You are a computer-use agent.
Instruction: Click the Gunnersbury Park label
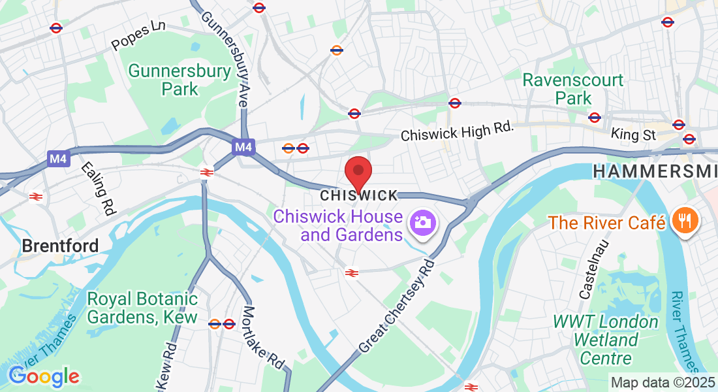click(x=179, y=80)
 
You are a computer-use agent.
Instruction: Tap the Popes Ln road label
click(x=138, y=37)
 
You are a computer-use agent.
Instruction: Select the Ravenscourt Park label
click(x=573, y=90)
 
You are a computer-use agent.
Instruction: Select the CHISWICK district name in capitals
click(x=359, y=195)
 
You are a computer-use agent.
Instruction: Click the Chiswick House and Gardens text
click(x=337, y=225)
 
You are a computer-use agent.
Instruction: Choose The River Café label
click(x=606, y=222)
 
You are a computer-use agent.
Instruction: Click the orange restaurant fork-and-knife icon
click(x=685, y=222)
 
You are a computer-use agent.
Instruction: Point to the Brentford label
click(x=60, y=246)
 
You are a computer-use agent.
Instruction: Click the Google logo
click(x=44, y=376)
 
